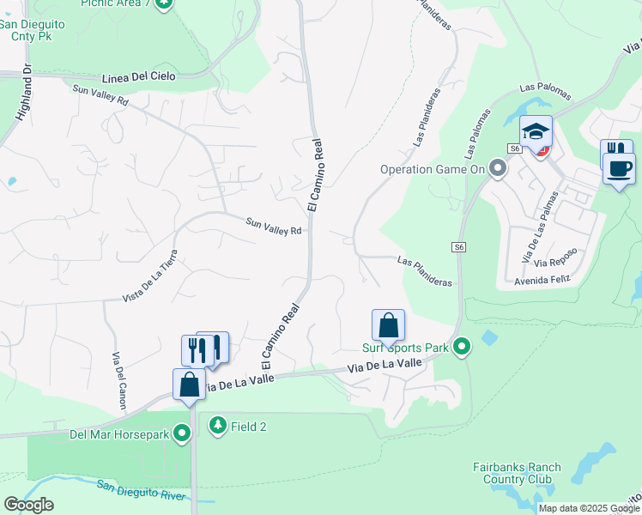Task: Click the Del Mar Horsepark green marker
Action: (182, 433)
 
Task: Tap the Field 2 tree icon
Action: (218, 425)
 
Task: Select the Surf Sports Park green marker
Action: (462, 348)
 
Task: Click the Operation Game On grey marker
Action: (496, 169)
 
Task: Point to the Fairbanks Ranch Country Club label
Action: (517, 473)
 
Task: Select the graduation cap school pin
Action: (536, 132)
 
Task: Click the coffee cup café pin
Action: (620, 167)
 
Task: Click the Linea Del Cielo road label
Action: (138, 76)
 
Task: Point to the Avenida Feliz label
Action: (542, 281)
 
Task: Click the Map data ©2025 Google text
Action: (589, 508)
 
